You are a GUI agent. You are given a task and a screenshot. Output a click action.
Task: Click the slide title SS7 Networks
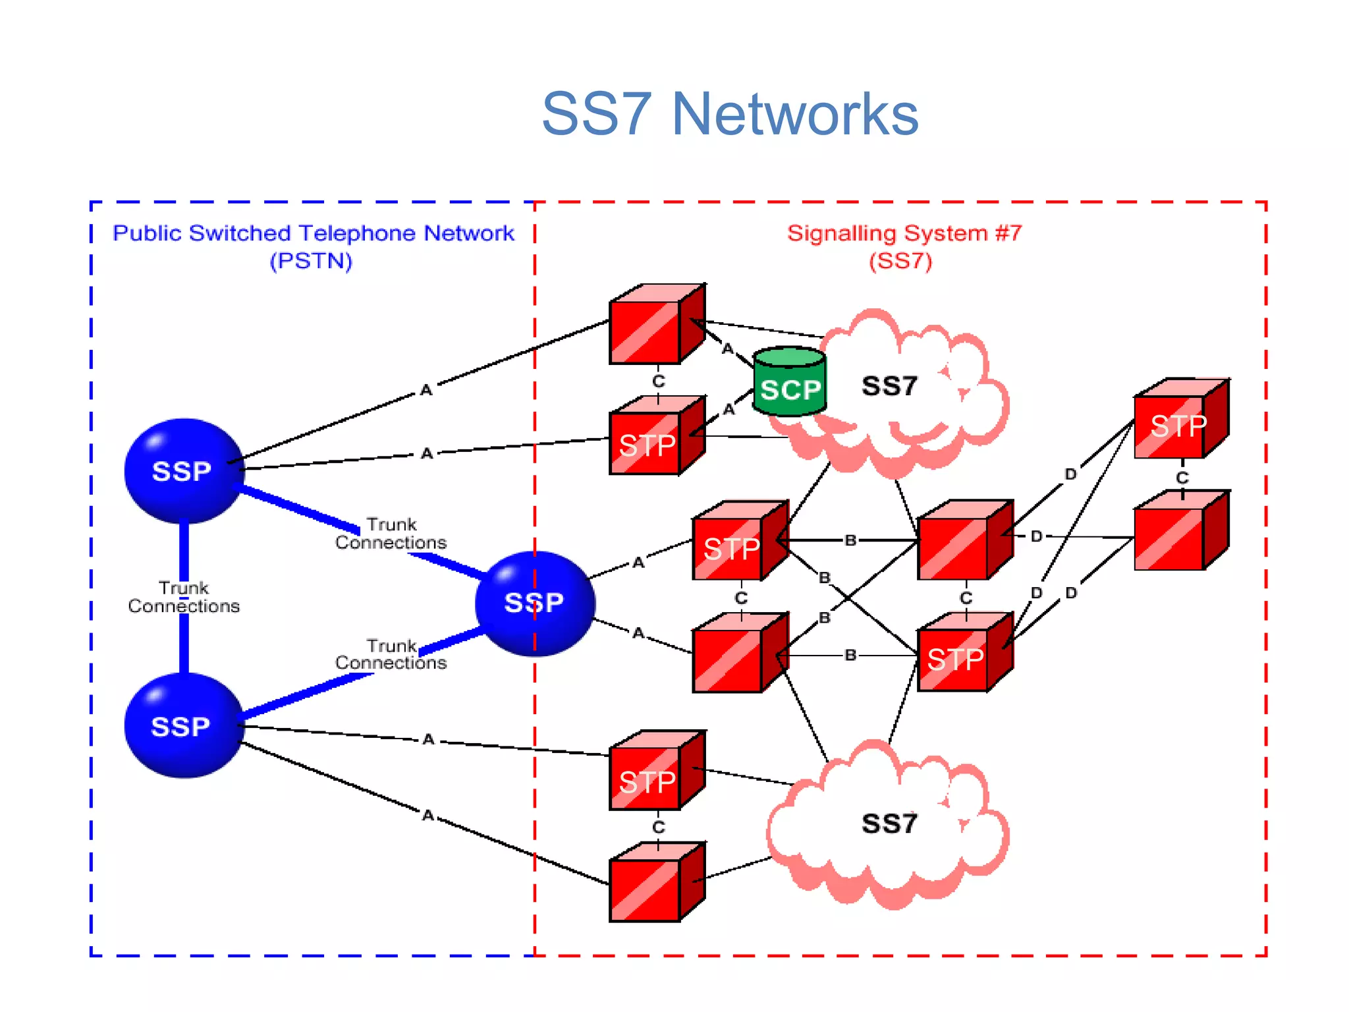coord(730,114)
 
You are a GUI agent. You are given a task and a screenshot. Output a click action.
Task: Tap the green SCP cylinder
coord(789,382)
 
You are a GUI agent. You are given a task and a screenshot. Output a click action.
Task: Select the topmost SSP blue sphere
coord(184,470)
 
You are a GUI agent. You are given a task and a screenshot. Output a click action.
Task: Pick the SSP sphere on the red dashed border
coord(534,602)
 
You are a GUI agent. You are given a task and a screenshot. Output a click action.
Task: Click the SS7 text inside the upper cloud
coord(889,386)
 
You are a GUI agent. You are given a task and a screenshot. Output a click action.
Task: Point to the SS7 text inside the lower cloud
coord(889,824)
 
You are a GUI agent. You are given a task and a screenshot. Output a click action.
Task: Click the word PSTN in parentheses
coord(311,261)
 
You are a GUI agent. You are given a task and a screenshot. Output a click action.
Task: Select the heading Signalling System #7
coord(904,233)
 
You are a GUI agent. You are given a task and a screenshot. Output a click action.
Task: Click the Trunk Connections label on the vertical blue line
coord(184,597)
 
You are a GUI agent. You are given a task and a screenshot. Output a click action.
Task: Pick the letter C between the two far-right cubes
coord(1182,478)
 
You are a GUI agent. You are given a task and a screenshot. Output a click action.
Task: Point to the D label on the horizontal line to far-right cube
coord(1037,536)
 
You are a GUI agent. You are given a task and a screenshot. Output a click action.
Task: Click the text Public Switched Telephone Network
coord(314,233)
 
